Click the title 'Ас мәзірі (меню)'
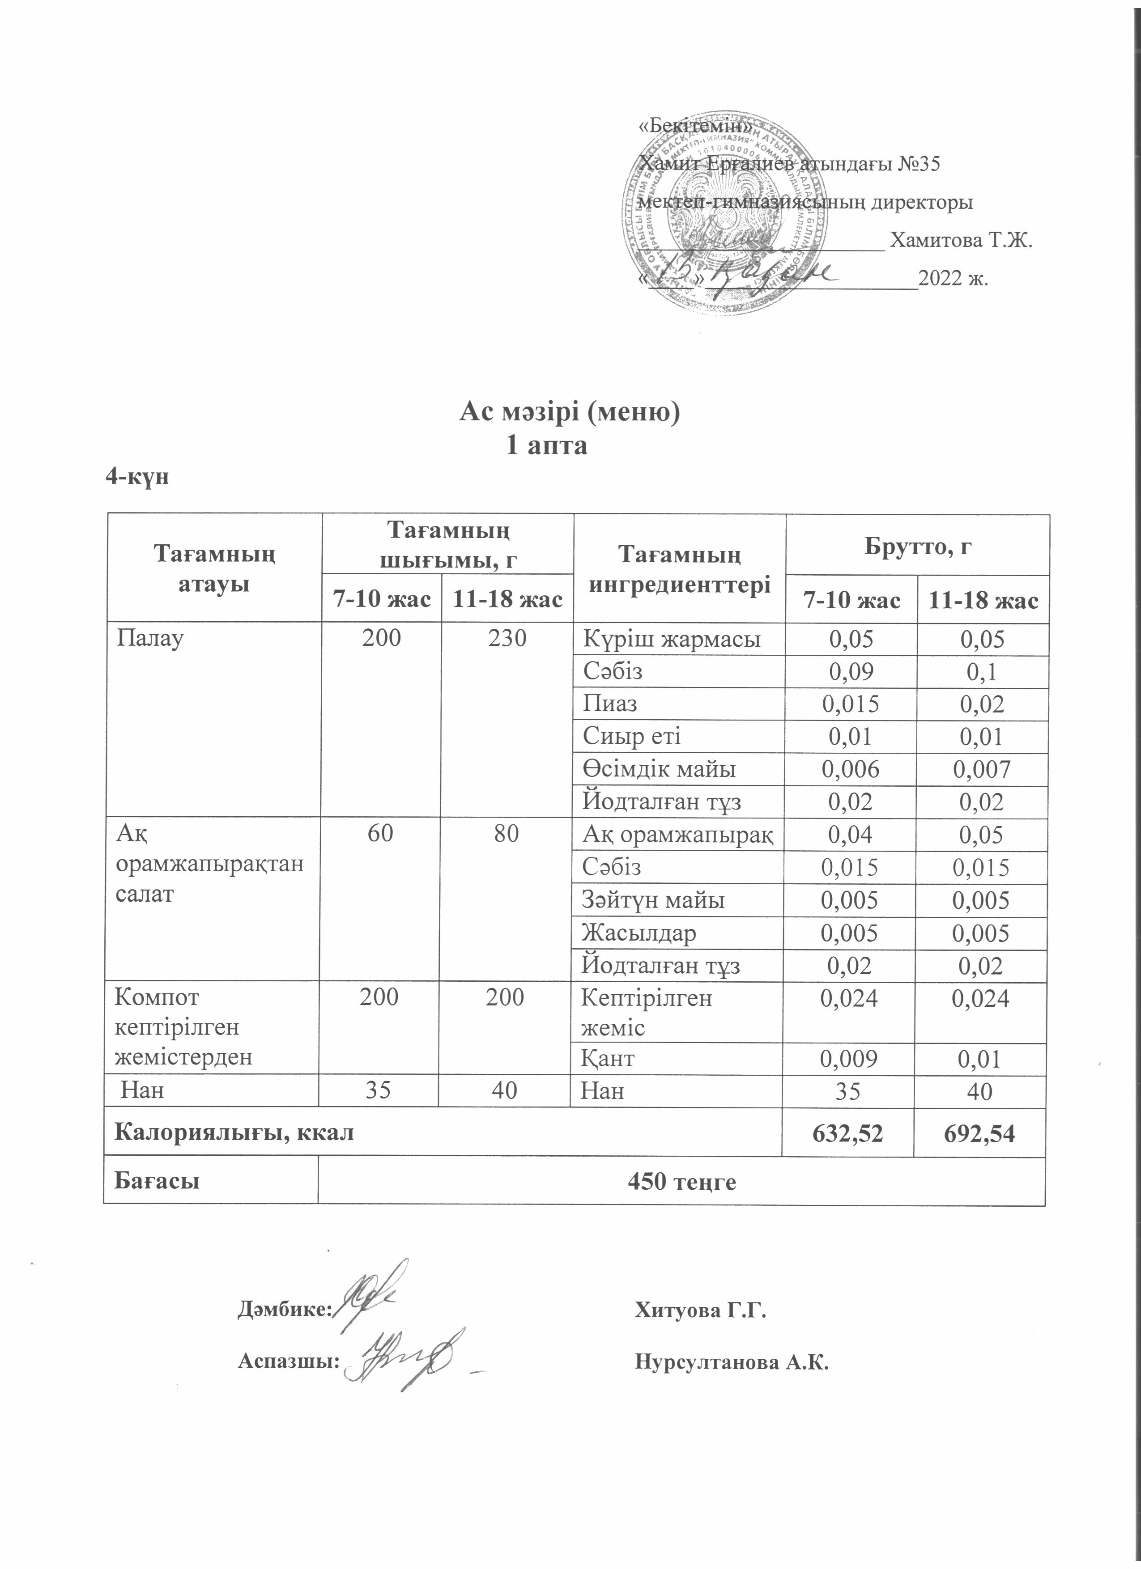click(x=570, y=412)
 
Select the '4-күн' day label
click(x=137, y=477)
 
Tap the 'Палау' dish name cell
click(x=150, y=637)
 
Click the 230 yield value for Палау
click(x=507, y=637)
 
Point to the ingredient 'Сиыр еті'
click(x=632, y=736)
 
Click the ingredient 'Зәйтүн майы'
click(x=653, y=900)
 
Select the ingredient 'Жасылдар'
click(x=639, y=933)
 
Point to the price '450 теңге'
click(x=681, y=1181)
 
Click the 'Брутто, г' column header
click(x=918, y=547)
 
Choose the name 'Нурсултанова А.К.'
click(x=732, y=1363)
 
